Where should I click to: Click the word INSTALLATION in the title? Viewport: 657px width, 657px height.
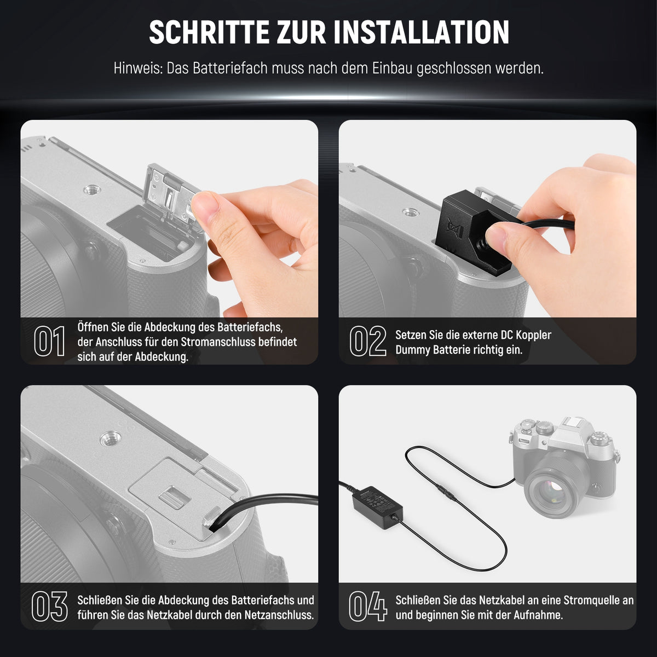[422, 32]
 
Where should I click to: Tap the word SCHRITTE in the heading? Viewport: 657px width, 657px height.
[209, 32]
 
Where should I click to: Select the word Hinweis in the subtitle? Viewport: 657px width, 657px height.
[138, 68]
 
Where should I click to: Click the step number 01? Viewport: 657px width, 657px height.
[49, 341]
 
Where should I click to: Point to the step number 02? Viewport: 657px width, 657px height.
[368, 341]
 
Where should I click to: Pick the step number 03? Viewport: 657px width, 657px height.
[49, 607]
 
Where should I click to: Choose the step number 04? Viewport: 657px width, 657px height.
[368, 607]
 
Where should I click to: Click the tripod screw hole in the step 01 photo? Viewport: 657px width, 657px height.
[92, 189]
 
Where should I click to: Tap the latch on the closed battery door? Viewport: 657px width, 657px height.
[174, 498]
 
